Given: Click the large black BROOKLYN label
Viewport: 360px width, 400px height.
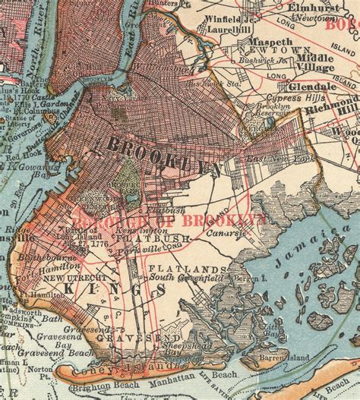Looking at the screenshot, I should click(164, 153).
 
